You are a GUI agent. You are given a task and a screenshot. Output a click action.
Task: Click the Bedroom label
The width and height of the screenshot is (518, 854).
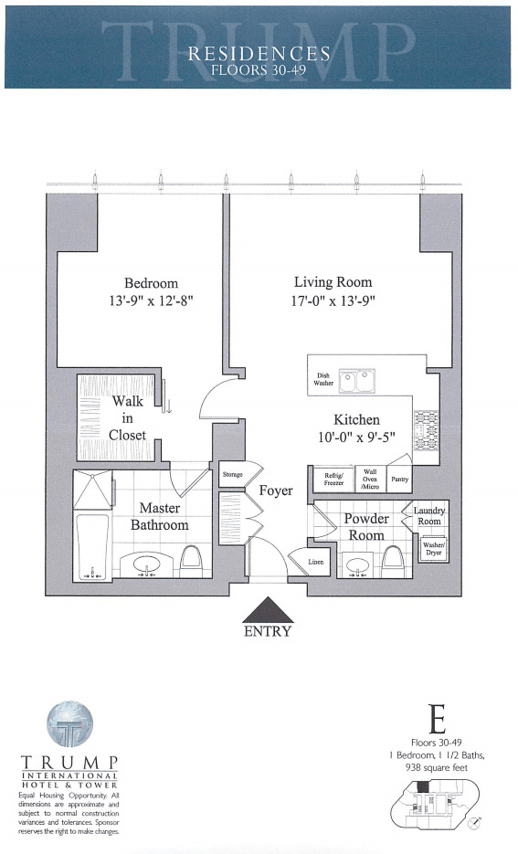tap(152, 282)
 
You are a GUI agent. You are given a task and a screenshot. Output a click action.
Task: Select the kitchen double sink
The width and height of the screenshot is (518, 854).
tap(357, 380)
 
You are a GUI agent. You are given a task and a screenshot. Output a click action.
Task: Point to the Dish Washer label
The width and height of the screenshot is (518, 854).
tap(323, 380)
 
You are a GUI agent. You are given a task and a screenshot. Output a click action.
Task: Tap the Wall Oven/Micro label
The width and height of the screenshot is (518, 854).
tap(370, 479)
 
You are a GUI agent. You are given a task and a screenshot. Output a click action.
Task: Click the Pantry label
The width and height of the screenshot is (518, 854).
tap(399, 479)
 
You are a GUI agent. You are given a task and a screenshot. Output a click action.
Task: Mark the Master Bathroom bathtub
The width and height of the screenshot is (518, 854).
tap(91, 546)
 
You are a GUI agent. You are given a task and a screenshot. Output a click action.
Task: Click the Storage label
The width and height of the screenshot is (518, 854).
tap(232, 475)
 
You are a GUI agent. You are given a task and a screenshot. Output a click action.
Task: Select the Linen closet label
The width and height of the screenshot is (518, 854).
tap(315, 562)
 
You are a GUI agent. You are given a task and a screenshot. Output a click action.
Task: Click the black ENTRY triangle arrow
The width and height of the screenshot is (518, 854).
tap(268, 610)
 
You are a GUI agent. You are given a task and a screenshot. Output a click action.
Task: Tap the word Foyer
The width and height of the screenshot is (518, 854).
tap(275, 490)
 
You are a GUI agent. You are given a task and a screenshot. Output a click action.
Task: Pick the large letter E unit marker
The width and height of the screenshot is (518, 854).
tap(438, 721)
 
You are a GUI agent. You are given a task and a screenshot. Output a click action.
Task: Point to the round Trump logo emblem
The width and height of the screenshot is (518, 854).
tap(69, 724)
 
